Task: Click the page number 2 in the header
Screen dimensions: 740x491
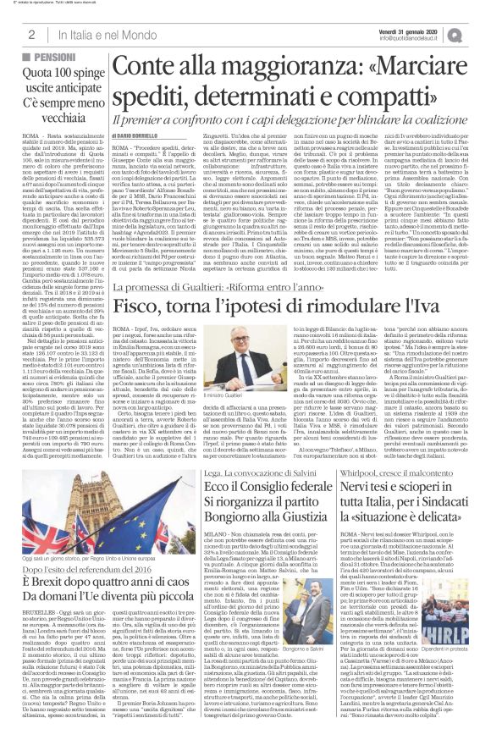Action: coord(30,34)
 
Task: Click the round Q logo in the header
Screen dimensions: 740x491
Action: coord(479,32)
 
